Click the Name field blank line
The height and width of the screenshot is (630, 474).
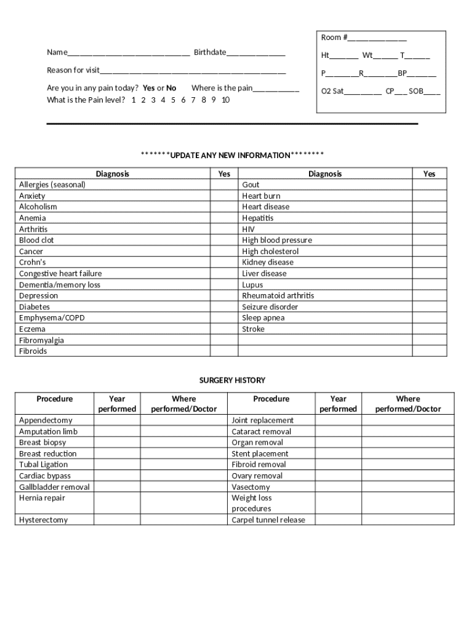pos(129,54)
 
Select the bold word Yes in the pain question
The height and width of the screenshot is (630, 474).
pos(148,88)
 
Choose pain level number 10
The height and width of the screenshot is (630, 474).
pos(225,100)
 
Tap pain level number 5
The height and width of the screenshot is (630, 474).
pos(174,100)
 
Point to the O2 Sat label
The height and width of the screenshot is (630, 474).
pos(332,91)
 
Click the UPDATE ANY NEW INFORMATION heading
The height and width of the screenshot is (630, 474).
pos(232,155)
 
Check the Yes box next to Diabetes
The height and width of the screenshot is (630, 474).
pos(225,307)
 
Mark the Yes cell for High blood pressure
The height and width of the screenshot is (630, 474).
pos(429,241)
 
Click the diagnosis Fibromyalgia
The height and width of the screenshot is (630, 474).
pos(41,340)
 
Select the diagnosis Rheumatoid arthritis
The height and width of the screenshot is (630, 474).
pos(278,296)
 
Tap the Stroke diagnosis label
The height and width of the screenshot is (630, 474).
pos(253,329)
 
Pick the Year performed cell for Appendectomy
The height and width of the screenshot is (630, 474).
pos(116,420)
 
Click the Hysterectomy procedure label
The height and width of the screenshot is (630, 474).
pos(43,520)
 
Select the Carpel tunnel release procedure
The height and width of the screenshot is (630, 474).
pos(268,520)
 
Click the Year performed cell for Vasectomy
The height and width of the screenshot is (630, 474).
pos(338,487)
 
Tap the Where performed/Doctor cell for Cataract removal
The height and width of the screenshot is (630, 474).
pos(408,431)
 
